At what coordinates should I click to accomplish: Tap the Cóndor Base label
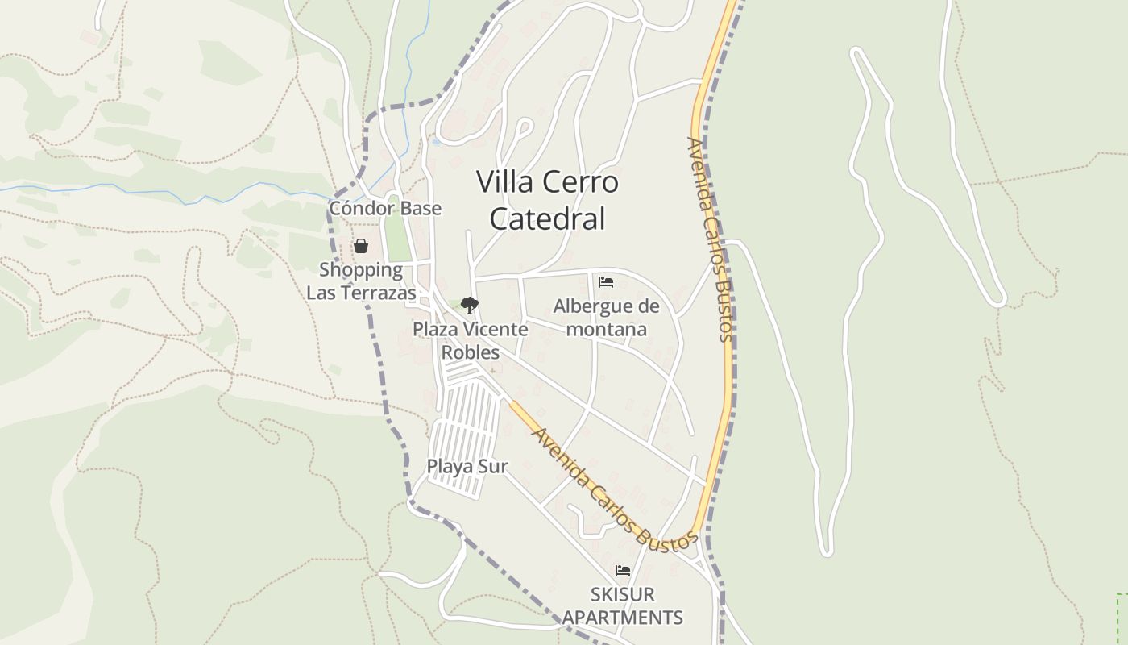coord(385,209)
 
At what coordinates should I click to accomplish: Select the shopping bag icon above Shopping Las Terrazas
coord(361,246)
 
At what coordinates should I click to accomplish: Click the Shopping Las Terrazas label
coord(361,281)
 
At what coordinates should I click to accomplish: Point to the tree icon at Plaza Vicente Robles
coord(470,306)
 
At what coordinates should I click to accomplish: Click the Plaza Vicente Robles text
coord(471,340)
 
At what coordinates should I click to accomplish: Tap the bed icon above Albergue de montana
coord(606,282)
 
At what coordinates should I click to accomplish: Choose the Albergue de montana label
coord(606,318)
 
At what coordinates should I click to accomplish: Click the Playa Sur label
coord(467,466)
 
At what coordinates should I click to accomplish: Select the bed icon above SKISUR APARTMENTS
coord(623,571)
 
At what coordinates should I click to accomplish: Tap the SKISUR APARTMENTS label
coord(623,606)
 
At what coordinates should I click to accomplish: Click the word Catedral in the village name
coord(547,219)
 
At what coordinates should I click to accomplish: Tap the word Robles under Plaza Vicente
coord(471,352)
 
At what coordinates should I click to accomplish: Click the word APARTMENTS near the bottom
coord(623,618)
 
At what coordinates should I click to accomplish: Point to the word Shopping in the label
coord(361,270)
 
